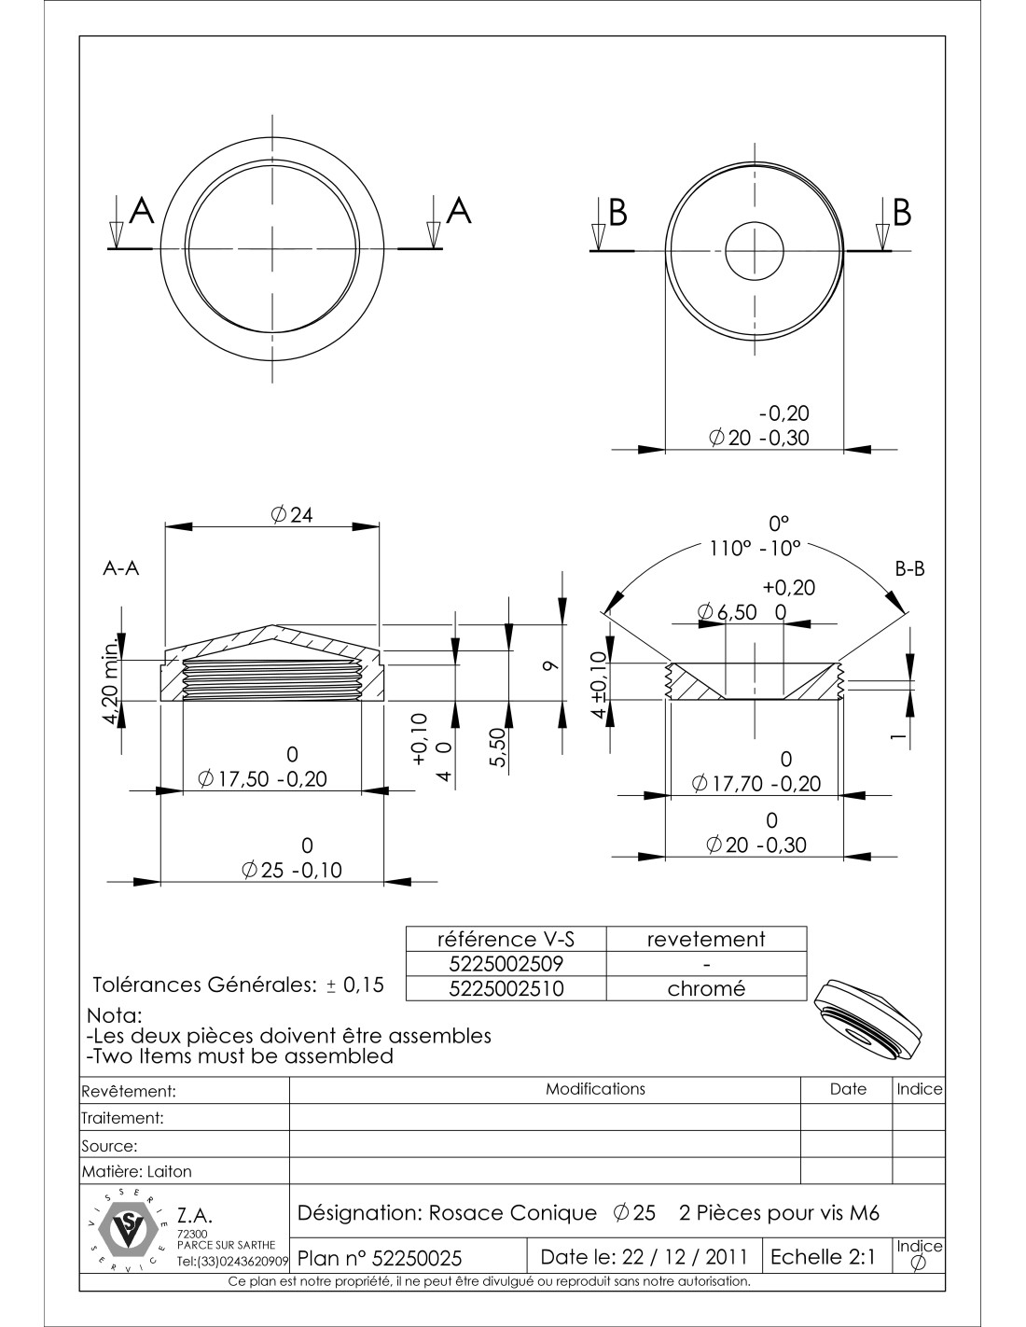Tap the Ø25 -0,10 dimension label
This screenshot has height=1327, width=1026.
(291, 870)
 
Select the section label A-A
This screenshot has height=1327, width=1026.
(121, 569)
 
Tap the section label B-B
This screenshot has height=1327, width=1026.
(910, 568)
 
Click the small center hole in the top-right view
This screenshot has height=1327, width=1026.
(753, 251)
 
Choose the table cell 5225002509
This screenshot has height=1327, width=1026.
(506, 964)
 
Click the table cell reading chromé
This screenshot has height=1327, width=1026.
(706, 989)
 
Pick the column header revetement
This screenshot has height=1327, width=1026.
(706, 940)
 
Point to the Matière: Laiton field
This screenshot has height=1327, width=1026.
(137, 1171)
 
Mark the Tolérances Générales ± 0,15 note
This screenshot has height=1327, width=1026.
(238, 985)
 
